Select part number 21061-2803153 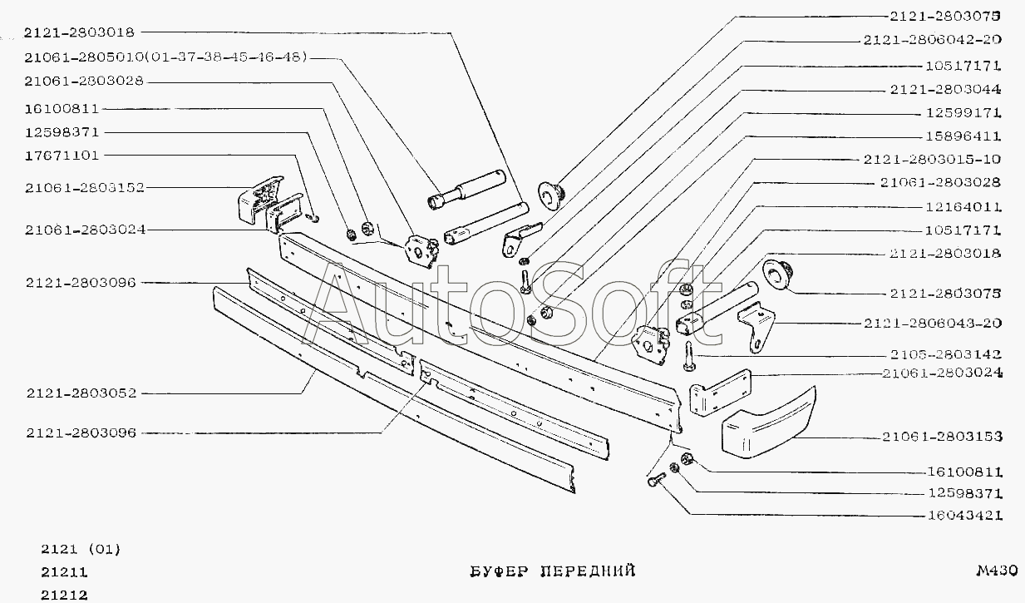click(x=942, y=436)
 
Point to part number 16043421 click(x=963, y=516)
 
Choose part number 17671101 click(x=62, y=156)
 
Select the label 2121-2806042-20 click(x=932, y=39)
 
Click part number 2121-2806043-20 click(x=932, y=323)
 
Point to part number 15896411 click(x=963, y=136)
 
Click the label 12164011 click(x=963, y=207)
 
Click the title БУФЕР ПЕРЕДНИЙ click(x=548, y=571)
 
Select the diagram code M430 click(x=996, y=571)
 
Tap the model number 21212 click(x=64, y=595)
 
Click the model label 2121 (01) click(x=81, y=549)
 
